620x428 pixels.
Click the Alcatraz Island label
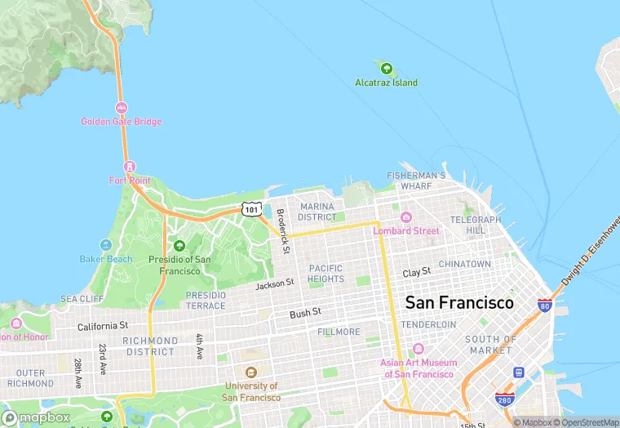(386, 82)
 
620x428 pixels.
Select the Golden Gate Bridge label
(121, 122)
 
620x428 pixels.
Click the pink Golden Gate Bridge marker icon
(121, 108)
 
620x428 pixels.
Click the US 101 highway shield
(251, 209)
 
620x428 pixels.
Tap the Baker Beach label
(105, 259)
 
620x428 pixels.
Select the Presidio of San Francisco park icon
(179, 246)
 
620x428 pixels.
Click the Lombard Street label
(406, 231)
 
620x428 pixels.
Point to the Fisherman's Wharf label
(416, 181)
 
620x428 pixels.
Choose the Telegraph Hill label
(476, 225)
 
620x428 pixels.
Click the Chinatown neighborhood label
(464, 265)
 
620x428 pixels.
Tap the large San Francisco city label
(459, 302)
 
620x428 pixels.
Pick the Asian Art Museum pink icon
(418, 350)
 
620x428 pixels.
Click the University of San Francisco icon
(250, 372)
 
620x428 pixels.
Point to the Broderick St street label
(282, 232)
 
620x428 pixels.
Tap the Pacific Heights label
(325, 274)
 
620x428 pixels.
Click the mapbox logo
(36, 417)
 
